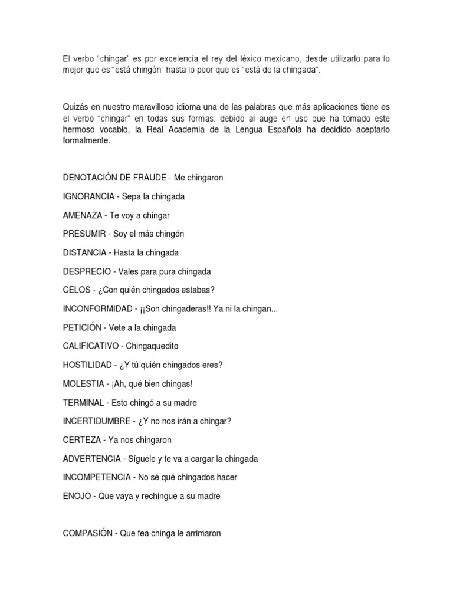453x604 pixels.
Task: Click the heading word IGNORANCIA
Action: click(88, 196)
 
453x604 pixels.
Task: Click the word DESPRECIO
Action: click(87, 271)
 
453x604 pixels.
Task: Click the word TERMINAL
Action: click(84, 402)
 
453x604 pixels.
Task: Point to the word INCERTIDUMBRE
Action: click(97, 421)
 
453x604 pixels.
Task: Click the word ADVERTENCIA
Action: click(91, 459)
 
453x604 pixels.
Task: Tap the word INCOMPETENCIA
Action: click(97, 477)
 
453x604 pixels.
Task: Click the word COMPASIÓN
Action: click(88, 533)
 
